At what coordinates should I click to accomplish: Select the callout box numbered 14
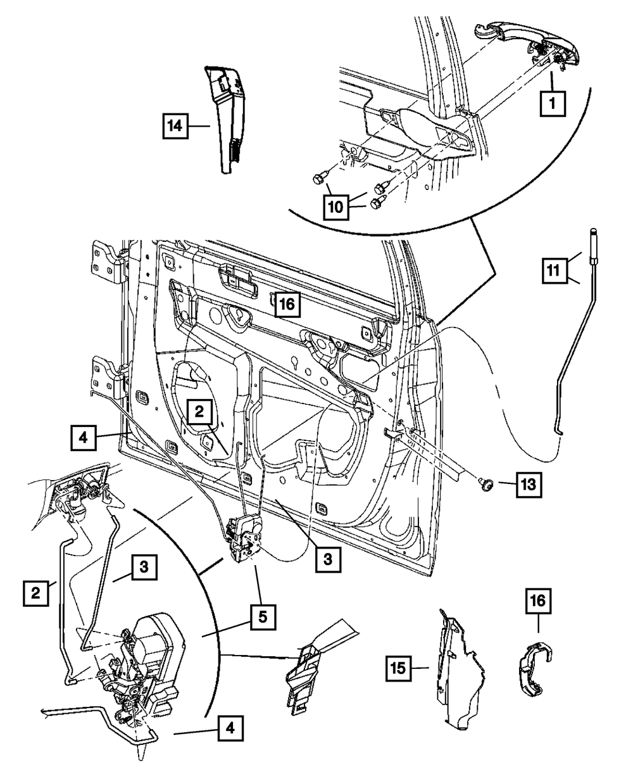[x=174, y=126]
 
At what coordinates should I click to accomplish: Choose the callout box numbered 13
[x=528, y=485]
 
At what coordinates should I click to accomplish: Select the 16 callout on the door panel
[x=286, y=305]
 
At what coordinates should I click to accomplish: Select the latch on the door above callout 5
[x=244, y=537]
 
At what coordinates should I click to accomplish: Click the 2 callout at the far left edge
[x=35, y=593]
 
